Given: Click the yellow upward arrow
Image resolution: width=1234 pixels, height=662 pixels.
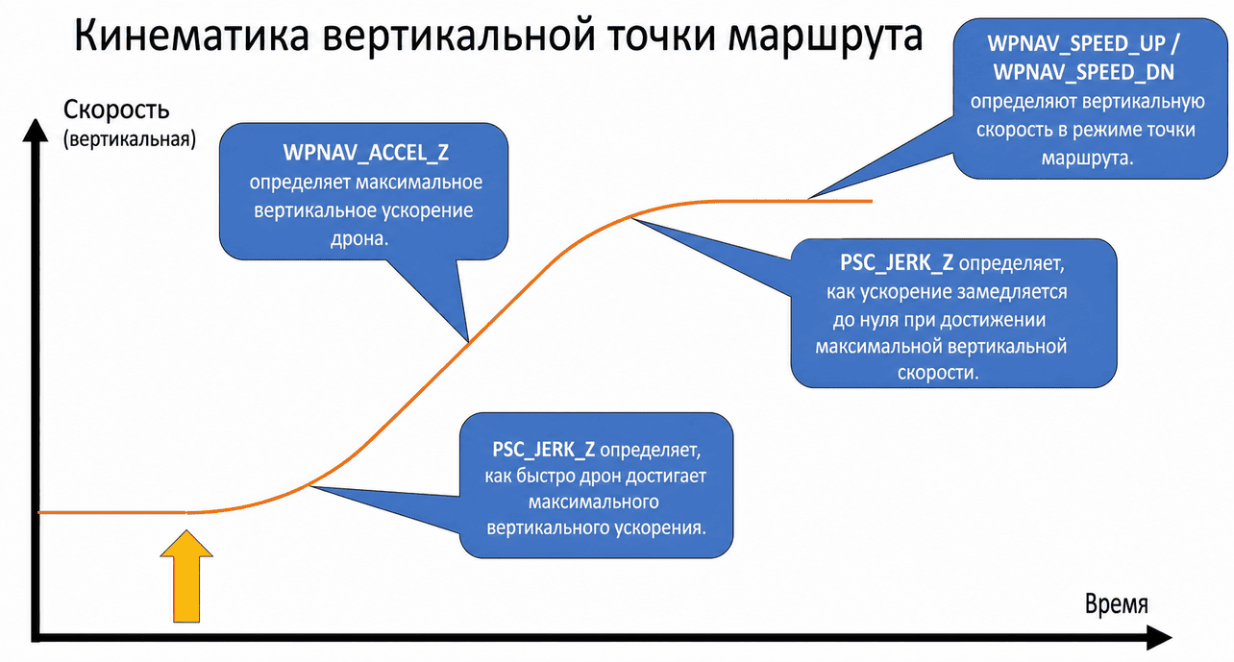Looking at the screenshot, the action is click(x=186, y=576).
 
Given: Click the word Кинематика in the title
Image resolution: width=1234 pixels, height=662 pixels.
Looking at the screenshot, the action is click(x=191, y=37).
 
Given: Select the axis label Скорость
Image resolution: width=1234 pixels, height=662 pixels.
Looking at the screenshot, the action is click(x=116, y=110).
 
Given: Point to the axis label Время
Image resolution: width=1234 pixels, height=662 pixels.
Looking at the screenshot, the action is click(x=1116, y=603).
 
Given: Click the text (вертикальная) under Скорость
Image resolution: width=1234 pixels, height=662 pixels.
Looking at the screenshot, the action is click(x=130, y=138).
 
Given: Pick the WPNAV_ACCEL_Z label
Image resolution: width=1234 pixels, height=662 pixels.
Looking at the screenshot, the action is click(x=366, y=153).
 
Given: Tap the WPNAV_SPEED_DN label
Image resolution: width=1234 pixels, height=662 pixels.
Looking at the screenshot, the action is click(x=1084, y=72).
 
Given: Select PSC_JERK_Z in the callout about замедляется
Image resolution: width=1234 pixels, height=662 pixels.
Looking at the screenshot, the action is click(x=897, y=262).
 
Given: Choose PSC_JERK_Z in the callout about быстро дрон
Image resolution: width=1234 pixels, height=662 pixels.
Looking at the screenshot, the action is click(x=543, y=450).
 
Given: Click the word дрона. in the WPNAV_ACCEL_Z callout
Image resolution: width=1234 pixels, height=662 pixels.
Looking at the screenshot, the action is click(x=359, y=238).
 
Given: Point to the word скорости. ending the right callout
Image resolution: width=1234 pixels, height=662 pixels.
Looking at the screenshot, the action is click(x=938, y=373).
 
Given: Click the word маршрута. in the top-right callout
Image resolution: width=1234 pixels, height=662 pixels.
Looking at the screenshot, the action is click(x=1088, y=159).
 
